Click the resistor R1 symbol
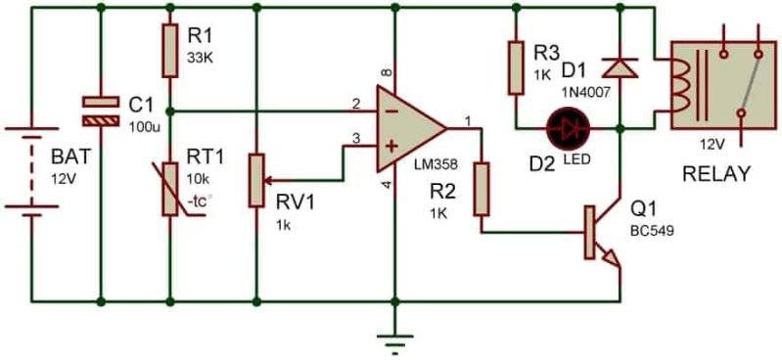point(170,51)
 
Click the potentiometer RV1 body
point(255,180)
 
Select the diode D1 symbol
point(619,67)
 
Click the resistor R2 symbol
point(481,189)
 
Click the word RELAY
point(717,175)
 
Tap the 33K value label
point(200,57)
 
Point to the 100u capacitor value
point(145,126)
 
